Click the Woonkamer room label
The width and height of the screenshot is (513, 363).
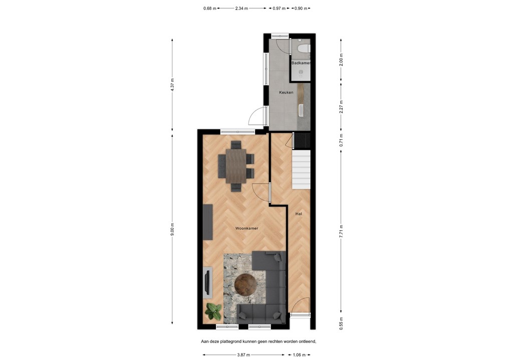pyautogui.click(x=246, y=228)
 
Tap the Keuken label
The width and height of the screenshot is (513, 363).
pyautogui.click(x=286, y=93)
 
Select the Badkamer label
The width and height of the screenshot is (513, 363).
pyautogui.click(x=301, y=63)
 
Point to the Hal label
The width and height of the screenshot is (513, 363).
pyautogui.click(x=299, y=214)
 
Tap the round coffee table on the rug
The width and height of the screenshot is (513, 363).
pyautogui.click(x=245, y=285)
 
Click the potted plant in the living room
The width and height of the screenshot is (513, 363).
pyautogui.click(x=213, y=311)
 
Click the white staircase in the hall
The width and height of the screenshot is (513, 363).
pyautogui.click(x=302, y=171)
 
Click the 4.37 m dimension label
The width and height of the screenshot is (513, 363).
pyautogui.click(x=172, y=84)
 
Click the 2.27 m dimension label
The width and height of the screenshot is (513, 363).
pyautogui.click(x=341, y=107)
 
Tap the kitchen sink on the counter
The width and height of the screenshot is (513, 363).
pyautogui.click(x=301, y=110)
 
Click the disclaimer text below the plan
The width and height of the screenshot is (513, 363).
pyautogui.click(x=259, y=341)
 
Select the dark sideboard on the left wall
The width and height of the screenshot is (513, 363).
pyautogui.click(x=207, y=222)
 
